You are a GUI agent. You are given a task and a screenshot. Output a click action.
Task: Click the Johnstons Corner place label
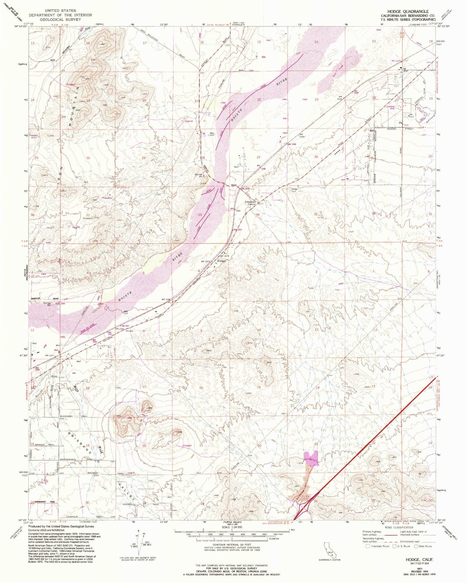250,203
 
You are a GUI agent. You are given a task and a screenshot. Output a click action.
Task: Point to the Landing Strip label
391,107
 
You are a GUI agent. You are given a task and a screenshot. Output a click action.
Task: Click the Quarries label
189,121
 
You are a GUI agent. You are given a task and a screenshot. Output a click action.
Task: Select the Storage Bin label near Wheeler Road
47,304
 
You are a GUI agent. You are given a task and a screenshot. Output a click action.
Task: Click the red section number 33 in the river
200,215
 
